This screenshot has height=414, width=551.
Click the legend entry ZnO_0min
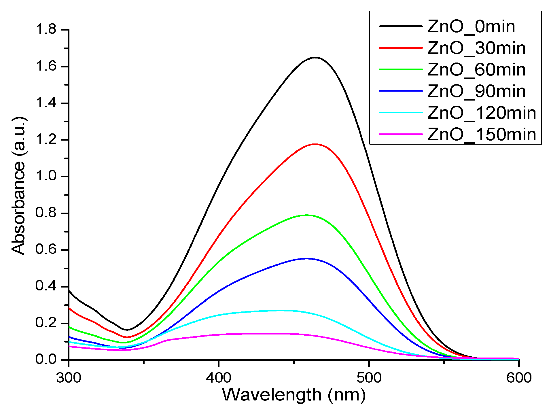click(x=471, y=27)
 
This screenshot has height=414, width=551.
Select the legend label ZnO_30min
click(x=476, y=48)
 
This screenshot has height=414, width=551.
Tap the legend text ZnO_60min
click(x=476, y=70)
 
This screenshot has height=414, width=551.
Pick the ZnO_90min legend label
click(x=476, y=91)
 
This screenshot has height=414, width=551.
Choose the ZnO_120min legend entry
click(x=482, y=113)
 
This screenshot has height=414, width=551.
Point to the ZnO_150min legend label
click(x=482, y=135)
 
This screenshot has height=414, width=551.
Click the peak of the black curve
click(x=315, y=58)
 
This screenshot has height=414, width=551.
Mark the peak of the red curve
click(x=315, y=144)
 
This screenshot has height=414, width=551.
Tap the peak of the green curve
click(x=307, y=215)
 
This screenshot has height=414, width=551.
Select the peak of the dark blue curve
click(x=306, y=258)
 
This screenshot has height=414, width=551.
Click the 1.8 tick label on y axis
click(x=46, y=29)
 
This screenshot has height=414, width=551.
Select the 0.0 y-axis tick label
click(x=46, y=360)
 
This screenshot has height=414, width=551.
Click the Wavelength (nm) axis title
click(x=294, y=395)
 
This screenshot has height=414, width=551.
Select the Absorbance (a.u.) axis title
click(x=19, y=186)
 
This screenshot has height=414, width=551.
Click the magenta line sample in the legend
click(x=400, y=134)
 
